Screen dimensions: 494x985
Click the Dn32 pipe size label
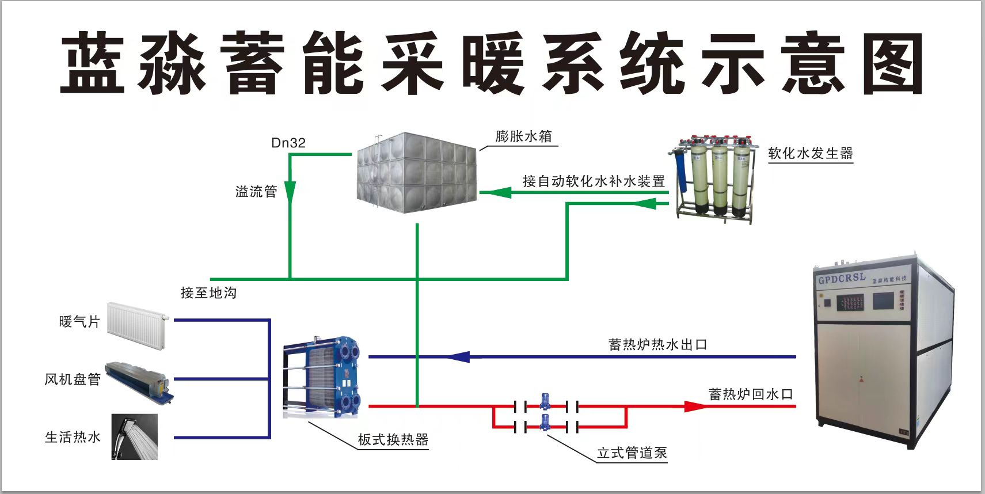[288, 143]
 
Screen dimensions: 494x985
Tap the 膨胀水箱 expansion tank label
[523, 136]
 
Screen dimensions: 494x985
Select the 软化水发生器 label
[810, 154]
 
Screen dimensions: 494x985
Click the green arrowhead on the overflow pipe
[290, 192]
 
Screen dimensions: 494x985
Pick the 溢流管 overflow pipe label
[256, 192]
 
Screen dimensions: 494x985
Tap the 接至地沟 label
[208, 293]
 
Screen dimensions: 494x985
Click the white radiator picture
[137, 326]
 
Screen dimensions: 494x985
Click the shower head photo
[135, 437]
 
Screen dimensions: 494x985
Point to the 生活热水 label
[73, 438]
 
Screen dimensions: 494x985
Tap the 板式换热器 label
[393, 440]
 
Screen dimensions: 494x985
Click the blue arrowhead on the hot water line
[459, 357]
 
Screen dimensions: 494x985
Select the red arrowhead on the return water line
[695, 406]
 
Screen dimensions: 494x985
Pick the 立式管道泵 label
[632, 453]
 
